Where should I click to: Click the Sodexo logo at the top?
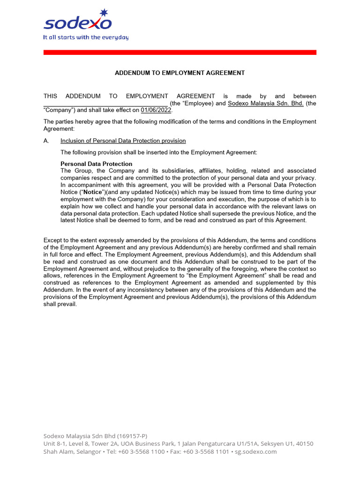[x=77, y=22]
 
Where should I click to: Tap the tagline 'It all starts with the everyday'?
[x=86, y=37]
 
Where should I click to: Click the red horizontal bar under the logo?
[x=180, y=52]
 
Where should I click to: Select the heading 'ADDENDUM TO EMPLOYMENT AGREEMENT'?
[x=180, y=73]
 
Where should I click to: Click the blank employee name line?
[x=105, y=104]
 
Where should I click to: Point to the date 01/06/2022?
[x=156, y=111]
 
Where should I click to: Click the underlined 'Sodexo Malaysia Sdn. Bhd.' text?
[x=265, y=104]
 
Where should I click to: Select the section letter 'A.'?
[x=46, y=141]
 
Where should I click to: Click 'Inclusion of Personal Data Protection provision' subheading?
[x=123, y=141]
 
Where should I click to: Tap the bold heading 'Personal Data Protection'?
[x=97, y=164]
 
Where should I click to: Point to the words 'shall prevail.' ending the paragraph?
[x=60, y=304]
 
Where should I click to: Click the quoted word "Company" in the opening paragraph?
[x=59, y=111]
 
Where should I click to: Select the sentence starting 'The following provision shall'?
[x=159, y=153]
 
